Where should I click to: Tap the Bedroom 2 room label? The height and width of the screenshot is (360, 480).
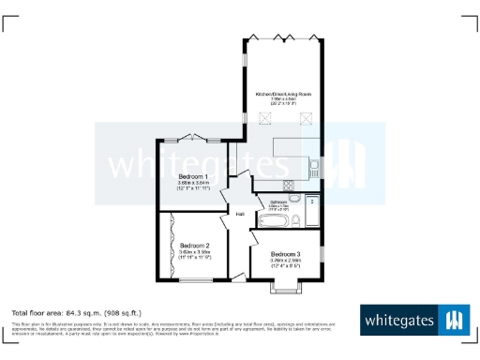195,246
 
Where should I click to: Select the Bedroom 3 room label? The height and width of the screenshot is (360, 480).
286,255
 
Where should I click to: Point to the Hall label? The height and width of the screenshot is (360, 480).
240,215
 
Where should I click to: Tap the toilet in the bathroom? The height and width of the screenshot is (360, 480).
295,221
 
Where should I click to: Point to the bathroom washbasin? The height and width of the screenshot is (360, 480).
294,199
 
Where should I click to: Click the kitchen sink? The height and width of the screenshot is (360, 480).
314,166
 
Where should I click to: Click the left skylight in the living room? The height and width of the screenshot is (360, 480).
264,118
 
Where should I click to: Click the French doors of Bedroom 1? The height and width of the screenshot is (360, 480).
195,137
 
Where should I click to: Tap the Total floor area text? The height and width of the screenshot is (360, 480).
76,312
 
